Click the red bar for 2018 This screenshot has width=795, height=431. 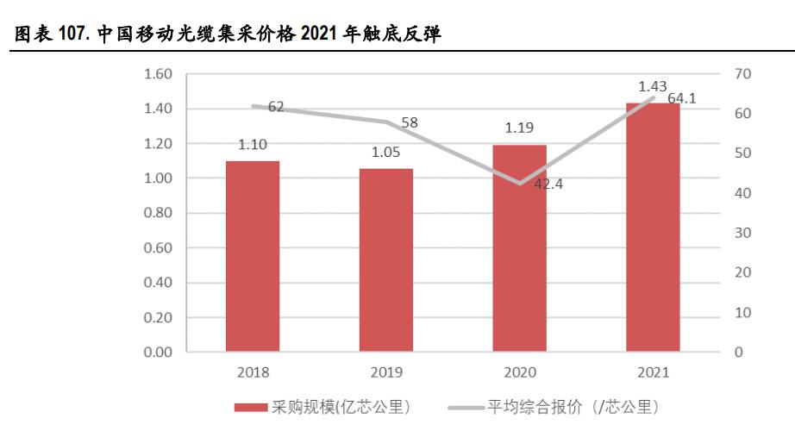click(253, 256)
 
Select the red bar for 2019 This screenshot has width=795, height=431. click(386, 259)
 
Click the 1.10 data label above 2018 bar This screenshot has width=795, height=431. click(252, 145)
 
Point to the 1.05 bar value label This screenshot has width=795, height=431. click(385, 152)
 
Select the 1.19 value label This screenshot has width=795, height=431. click(518, 128)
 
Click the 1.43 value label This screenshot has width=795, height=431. click(653, 86)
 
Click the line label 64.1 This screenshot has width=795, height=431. click(681, 98)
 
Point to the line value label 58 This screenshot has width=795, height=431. click(410, 122)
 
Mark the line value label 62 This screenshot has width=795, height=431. click(276, 107)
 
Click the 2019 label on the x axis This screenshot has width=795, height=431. click(385, 372)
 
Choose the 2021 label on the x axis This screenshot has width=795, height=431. click(653, 372)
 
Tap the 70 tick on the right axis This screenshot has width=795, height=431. click(742, 74)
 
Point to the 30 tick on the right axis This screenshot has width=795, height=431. click(742, 233)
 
